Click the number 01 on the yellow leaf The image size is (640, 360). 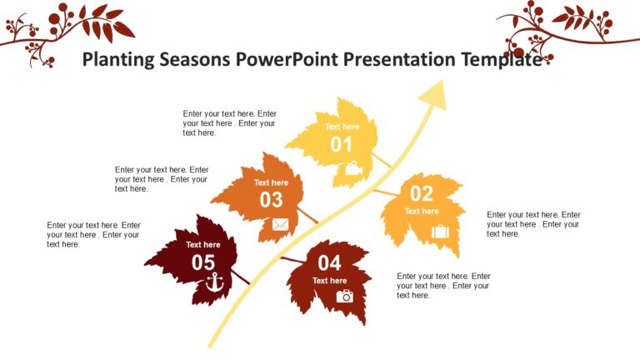click(x=342, y=145)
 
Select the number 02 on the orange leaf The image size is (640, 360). click(x=422, y=193)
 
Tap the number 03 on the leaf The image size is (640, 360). click(x=271, y=200)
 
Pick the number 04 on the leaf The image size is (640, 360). click(x=329, y=263)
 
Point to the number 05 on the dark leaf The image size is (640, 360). click(x=203, y=262)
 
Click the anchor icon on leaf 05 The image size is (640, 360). click(x=215, y=282)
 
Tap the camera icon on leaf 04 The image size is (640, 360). click(x=344, y=296)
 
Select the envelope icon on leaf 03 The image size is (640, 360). click(x=280, y=224)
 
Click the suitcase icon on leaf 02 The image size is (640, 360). click(x=440, y=231)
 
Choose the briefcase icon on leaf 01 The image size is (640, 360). click(x=353, y=168)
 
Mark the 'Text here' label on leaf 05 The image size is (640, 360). click(x=203, y=245)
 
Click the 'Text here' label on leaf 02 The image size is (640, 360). click(x=422, y=212)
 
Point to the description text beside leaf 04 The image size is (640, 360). click(x=443, y=286)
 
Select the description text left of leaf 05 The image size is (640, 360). click(x=93, y=235)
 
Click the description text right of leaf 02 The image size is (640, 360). click(x=533, y=224)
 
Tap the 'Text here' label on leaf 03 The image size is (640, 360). click(x=271, y=182)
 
